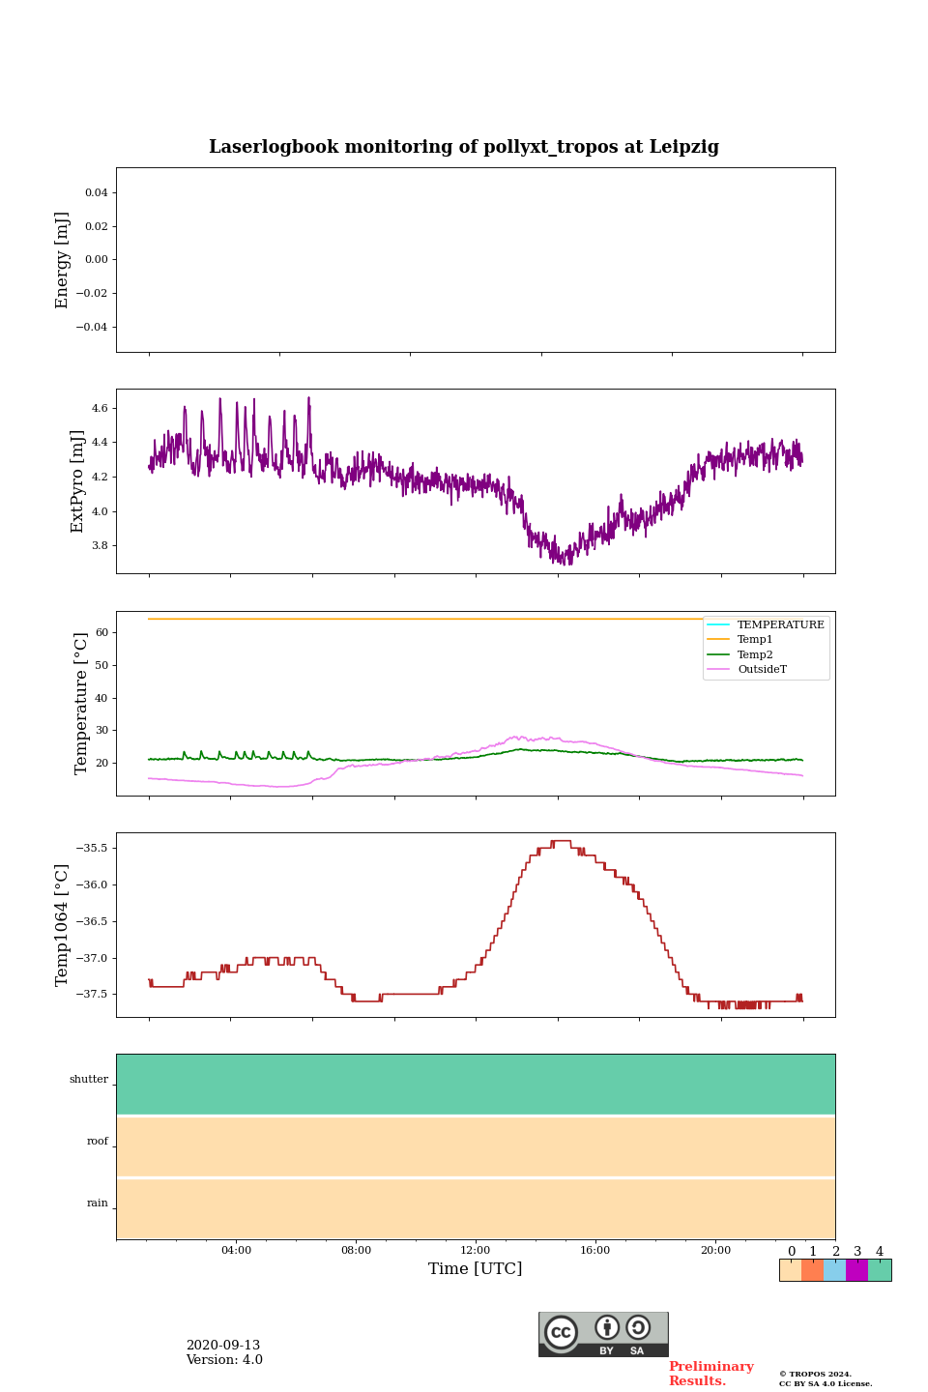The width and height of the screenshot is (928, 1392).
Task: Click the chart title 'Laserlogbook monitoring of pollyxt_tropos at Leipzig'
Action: point(464,147)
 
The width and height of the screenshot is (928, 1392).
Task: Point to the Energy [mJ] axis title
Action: point(63,260)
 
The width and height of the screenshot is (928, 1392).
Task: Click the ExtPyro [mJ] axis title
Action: point(77,481)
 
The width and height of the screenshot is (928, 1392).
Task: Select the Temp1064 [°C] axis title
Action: point(63,925)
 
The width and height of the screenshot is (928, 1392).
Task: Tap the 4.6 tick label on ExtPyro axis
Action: point(99,409)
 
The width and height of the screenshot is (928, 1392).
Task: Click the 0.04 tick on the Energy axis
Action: point(96,193)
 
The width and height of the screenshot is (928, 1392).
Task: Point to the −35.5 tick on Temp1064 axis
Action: point(90,849)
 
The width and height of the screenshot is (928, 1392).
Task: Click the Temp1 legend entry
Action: point(755,640)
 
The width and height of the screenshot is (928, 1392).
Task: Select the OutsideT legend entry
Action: point(762,670)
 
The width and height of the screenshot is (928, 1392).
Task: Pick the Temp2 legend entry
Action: point(755,655)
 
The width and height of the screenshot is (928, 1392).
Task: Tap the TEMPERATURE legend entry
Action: point(780,625)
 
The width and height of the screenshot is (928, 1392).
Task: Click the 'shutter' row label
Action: point(89,1080)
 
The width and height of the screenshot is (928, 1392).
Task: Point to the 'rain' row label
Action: point(98,1203)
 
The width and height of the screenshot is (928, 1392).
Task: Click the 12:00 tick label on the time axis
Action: point(476,1251)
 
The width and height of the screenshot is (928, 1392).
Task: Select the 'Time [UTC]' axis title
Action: point(476,1269)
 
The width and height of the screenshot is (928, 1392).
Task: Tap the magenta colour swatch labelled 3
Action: point(856,1270)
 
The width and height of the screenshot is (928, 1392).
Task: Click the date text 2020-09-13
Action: point(223,1346)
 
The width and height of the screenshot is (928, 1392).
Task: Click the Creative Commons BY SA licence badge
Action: point(603,1334)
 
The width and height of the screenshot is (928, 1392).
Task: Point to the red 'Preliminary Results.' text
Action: point(710,1374)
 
